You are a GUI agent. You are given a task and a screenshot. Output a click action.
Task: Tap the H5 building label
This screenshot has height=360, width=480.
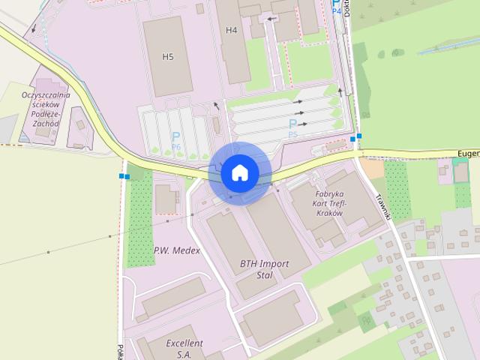point(168,56)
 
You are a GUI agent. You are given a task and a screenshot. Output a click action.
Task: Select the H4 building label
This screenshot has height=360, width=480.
point(231,30)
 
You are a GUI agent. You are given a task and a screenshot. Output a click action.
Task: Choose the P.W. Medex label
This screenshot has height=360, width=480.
point(177,250)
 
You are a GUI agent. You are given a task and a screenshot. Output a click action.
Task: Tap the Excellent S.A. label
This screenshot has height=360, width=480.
point(184,348)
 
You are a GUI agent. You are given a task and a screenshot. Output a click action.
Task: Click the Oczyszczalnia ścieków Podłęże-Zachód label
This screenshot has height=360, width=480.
point(46,109)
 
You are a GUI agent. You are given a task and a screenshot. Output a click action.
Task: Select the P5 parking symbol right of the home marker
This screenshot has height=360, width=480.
point(292,125)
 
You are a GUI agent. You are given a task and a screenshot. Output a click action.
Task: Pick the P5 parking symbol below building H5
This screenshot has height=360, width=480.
point(175,139)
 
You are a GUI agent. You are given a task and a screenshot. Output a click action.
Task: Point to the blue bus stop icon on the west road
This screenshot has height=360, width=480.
point(124,176)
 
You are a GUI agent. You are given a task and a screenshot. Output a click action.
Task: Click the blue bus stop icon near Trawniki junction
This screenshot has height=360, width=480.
point(356,138)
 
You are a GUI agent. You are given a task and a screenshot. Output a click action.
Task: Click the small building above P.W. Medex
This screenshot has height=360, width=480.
point(166,199)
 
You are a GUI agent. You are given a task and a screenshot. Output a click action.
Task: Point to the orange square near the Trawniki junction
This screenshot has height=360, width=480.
point(370,167)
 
